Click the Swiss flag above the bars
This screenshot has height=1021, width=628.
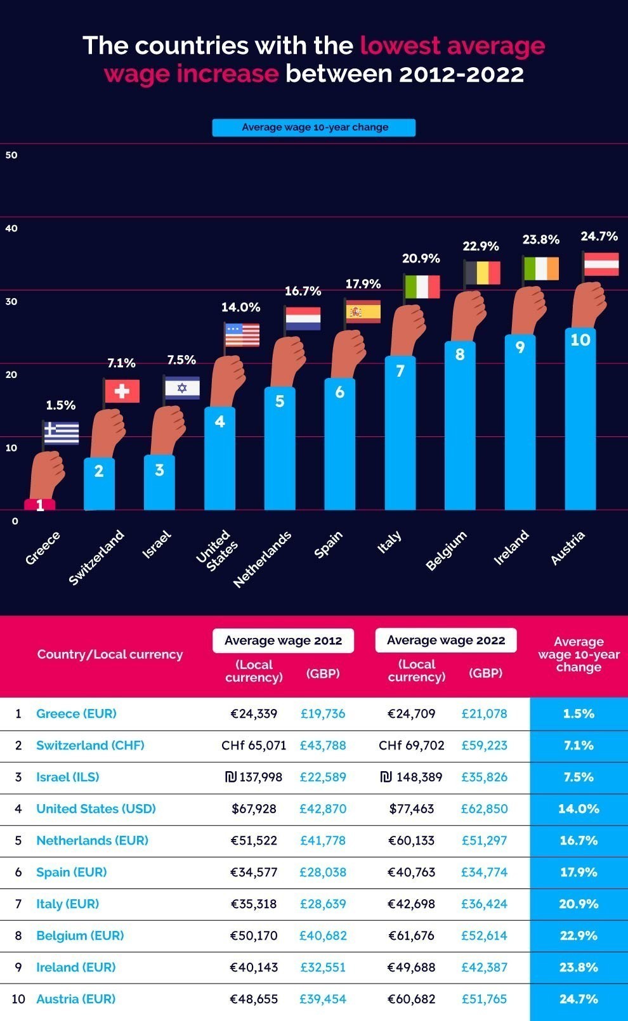pyautogui.click(x=122, y=391)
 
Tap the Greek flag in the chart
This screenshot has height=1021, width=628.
pyautogui.click(x=62, y=433)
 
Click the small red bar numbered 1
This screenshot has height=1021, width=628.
pyautogui.click(x=40, y=505)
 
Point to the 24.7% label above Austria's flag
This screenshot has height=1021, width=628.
pyautogui.click(x=599, y=236)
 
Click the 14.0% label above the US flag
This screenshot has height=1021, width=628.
pyautogui.click(x=240, y=307)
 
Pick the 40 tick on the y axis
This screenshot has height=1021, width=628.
pyautogui.click(x=11, y=228)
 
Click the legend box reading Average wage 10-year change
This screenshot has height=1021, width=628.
pyautogui.click(x=314, y=127)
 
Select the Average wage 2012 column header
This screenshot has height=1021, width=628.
pyautogui.click(x=283, y=641)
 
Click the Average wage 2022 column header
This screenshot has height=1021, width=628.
pyautogui.click(x=446, y=641)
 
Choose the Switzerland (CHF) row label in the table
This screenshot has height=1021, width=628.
pyautogui.click(x=90, y=745)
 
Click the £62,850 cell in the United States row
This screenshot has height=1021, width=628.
pyautogui.click(x=484, y=809)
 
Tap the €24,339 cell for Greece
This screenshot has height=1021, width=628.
pyautogui.click(x=254, y=713)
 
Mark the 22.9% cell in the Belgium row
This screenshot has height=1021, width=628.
pyautogui.click(x=579, y=935)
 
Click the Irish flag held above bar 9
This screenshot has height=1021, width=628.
pyautogui.click(x=541, y=269)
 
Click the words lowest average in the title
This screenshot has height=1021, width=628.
pyautogui.click(x=452, y=46)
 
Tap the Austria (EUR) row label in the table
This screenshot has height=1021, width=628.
pyautogui.click(x=76, y=999)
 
